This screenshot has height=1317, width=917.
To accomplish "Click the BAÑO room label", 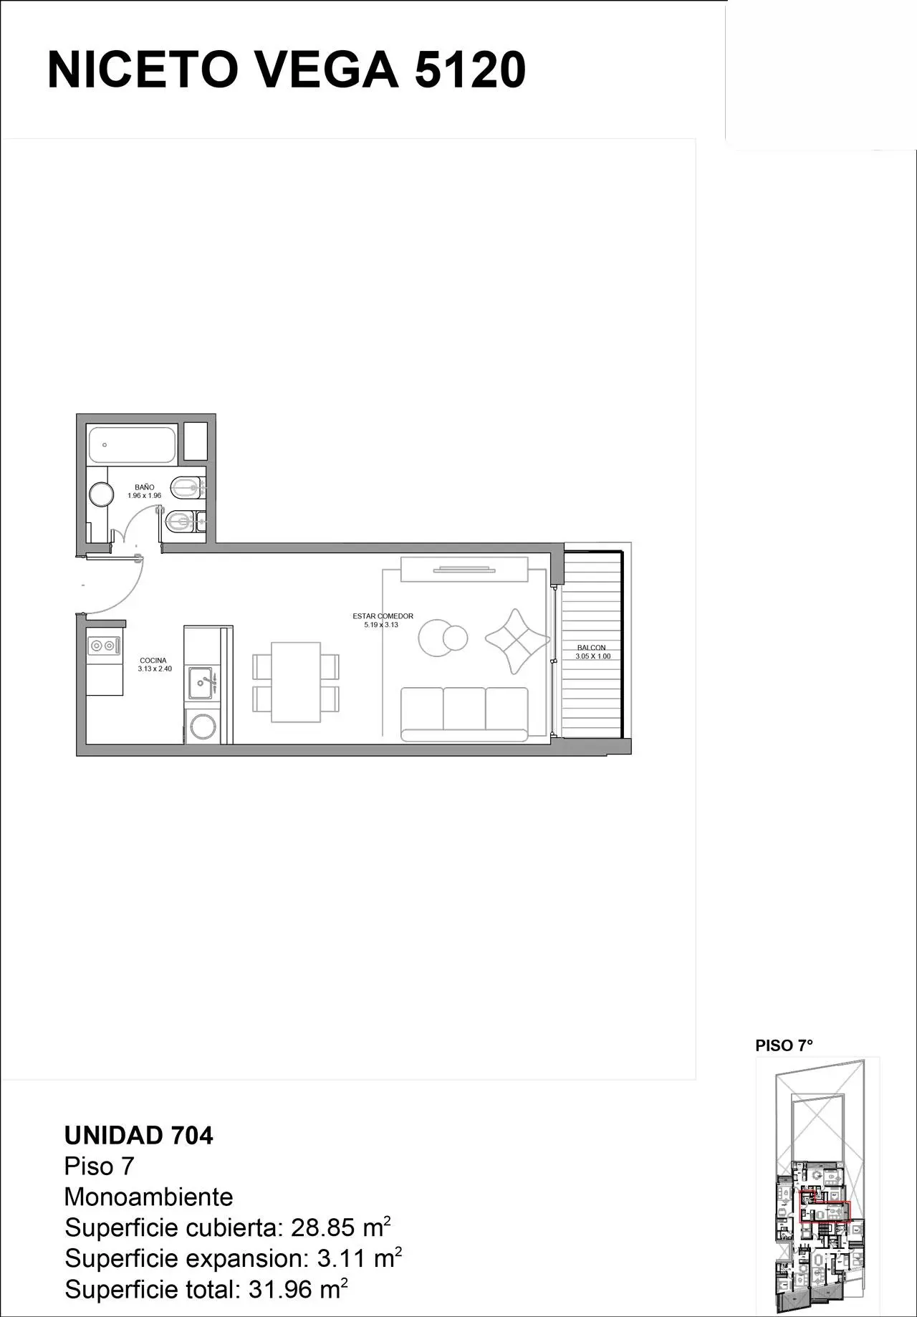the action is click(x=144, y=487).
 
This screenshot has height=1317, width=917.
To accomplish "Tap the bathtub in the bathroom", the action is click(x=133, y=444).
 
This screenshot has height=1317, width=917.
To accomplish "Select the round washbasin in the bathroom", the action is click(x=102, y=494).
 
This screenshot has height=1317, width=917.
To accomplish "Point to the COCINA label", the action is click(x=153, y=661).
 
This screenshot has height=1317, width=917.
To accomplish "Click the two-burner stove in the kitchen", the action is click(x=102, y=646).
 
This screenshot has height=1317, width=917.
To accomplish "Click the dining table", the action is click(x=295, y=682).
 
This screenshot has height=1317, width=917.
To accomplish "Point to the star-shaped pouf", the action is click(x=517, y=641).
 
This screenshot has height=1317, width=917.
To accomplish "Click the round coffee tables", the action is click(x=442, y=637).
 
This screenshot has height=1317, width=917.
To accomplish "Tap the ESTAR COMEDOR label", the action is click(x=383, y=616).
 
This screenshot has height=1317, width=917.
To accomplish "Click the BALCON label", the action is click(x=592, y=648).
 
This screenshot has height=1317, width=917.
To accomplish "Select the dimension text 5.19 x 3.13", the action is click(x=380, y=625).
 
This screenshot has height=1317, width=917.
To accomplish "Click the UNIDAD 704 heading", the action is click(x=139, y=1136).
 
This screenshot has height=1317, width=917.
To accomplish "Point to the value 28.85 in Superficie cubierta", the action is click(x=322, y=1228).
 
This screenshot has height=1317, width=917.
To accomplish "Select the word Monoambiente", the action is click(x=149, y=1197).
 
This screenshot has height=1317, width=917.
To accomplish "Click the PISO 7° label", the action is click(x=784, y=1045).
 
